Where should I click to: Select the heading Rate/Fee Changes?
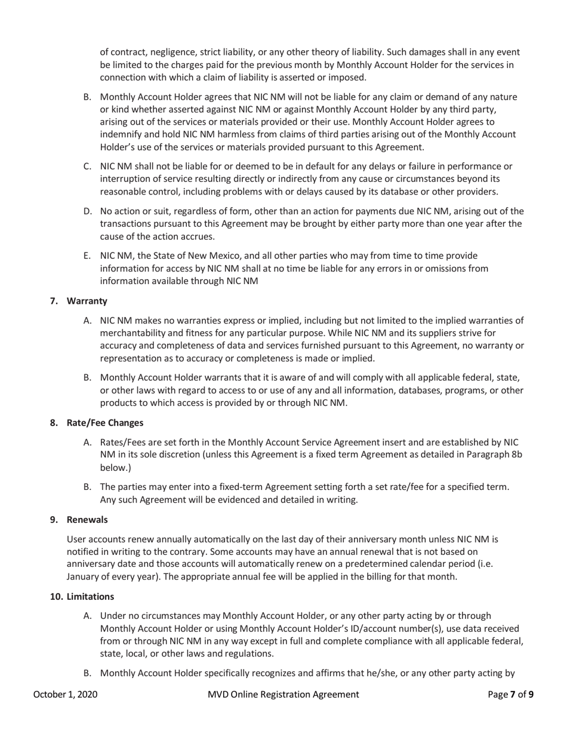(105, 422)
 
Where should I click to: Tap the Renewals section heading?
(87, 520)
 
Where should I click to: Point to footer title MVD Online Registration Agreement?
(283, 695)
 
